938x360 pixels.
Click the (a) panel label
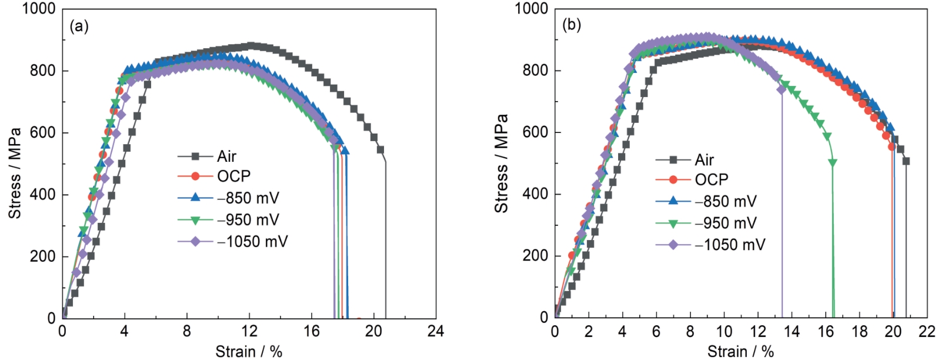point(79,26)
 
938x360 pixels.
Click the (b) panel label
point(572,25)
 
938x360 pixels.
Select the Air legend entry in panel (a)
point(226,156)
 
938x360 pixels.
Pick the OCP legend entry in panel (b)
point(711,179)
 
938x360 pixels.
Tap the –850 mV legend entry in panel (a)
point(248,198)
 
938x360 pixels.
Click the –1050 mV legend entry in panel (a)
point(252,241)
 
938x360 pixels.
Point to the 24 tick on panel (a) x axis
point(436,332)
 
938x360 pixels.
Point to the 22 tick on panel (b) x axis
point(926,332)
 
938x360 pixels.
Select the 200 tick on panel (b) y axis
point(535,256)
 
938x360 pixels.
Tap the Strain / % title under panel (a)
point(249,352)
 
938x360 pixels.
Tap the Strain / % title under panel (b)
point(740,352)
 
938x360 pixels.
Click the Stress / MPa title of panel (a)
point(15,173)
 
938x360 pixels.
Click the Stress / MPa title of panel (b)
point(502,164)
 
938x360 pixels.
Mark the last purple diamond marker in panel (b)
point(782,89)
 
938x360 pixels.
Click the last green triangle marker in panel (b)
point(832,162)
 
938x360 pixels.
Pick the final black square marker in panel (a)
point(380,149)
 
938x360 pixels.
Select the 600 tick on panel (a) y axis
point(45,133)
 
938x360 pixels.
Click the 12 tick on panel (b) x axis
point(757,332)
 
